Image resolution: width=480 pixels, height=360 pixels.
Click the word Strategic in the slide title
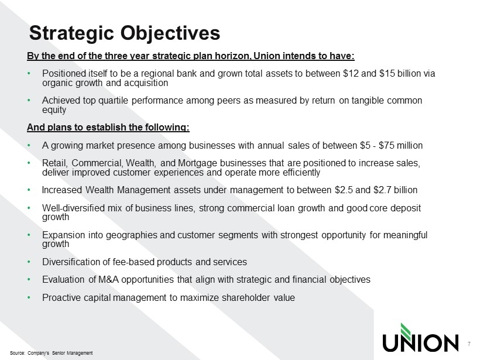point(71,33)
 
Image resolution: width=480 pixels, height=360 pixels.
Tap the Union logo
point(420,338)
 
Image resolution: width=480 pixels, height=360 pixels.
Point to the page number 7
point(469,344)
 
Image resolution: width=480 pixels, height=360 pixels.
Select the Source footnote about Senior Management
point(51,353)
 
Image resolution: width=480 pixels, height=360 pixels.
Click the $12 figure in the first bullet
point(351,74)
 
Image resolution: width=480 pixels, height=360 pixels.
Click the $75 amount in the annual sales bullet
point(386,145)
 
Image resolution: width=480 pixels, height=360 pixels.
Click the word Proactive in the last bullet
point(61,297)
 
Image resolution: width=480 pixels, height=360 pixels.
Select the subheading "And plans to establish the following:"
point(108,128)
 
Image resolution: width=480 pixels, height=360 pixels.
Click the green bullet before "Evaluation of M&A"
point(29,279)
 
